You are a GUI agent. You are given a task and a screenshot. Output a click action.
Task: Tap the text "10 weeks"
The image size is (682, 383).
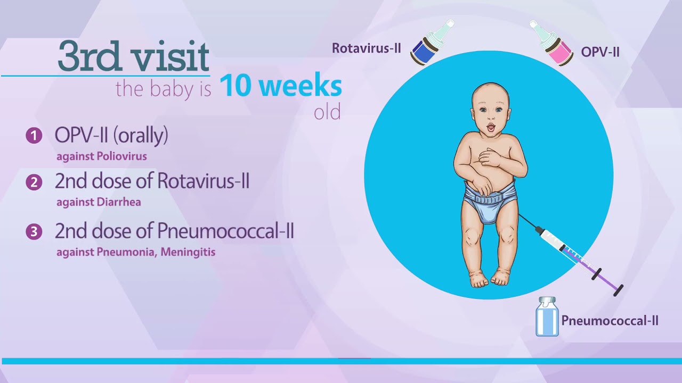[x=280, y=86]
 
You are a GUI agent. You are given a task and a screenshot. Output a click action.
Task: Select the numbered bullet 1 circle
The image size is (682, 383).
[x=34, y=136]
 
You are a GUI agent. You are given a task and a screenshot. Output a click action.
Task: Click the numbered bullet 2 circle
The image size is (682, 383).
[x=34, y=182]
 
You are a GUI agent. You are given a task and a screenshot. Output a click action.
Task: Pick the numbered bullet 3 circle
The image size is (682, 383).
[x=34, y=232]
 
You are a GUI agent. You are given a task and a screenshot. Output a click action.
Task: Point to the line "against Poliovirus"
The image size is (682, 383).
[x=101, y=156]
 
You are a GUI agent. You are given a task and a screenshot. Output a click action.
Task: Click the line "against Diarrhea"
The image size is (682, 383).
[x=99, y=203]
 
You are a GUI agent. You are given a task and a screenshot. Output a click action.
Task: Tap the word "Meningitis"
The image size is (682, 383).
[x=190, y=252]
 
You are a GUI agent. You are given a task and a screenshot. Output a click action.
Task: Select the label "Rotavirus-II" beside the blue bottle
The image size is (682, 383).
[x=366, y=48]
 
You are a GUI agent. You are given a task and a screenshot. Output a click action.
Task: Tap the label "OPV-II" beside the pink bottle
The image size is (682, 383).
[x=600, y=52]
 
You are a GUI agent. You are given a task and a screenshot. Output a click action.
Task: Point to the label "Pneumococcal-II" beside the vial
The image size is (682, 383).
[x=610, y=321]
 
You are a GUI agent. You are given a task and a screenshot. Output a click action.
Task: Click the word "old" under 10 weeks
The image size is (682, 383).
[x=327, y=113]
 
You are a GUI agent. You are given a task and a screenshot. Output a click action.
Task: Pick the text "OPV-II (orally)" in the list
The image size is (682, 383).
[x=111, y=136]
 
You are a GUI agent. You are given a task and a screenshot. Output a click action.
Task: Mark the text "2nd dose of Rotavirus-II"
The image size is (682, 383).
[x=152, y=182]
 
